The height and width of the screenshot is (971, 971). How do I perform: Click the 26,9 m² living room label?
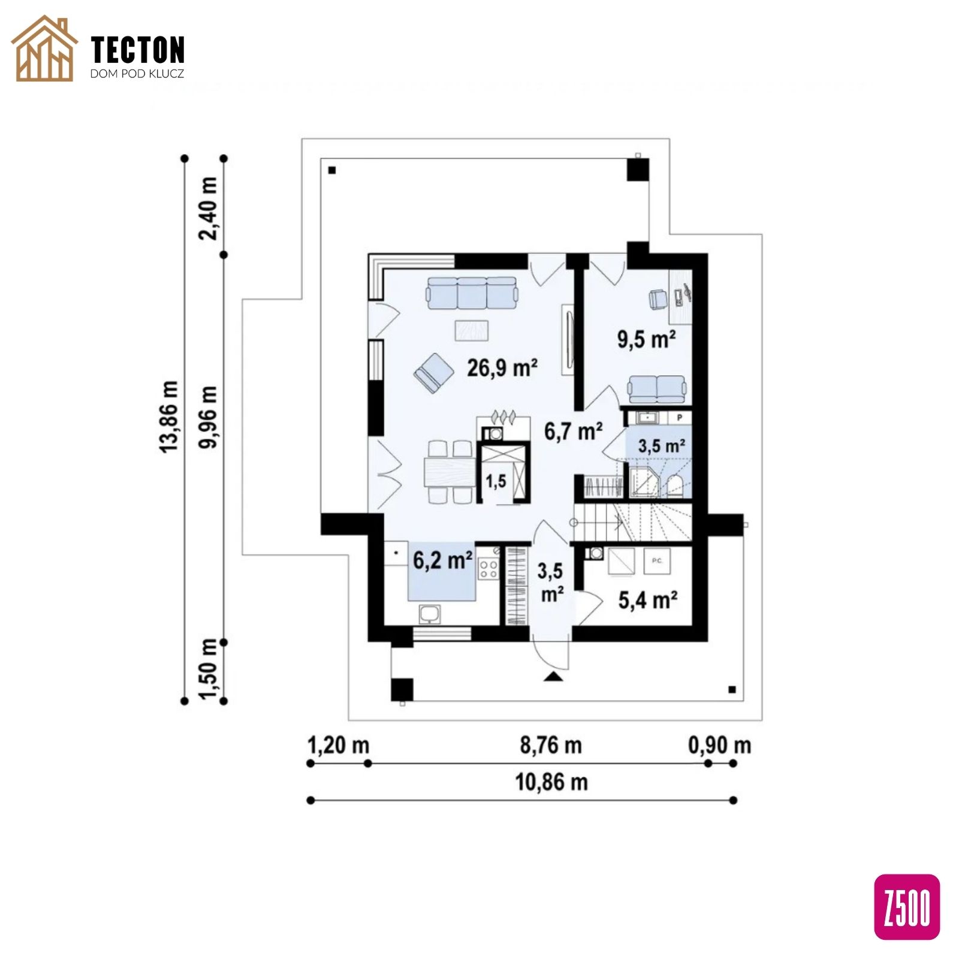point(502,367)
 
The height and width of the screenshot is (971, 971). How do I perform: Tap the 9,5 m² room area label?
point(647,339)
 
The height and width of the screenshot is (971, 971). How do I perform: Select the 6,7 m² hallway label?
point(573,431)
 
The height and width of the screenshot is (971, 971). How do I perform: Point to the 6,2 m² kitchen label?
point(443,560)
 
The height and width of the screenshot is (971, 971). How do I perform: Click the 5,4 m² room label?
point(648,600)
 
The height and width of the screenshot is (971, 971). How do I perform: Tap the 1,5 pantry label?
point(496,481)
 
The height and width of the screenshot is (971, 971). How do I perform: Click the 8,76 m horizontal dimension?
point(550,745)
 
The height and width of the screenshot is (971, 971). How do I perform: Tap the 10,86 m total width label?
point(551,782)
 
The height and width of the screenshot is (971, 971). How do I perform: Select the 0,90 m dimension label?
point(719,745)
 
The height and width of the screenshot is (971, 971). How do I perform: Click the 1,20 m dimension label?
point(338,745)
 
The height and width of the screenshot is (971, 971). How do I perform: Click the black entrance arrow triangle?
point(553,677)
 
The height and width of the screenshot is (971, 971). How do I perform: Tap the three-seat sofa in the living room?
point(472,292)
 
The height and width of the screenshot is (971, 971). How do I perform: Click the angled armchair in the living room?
point(433,372)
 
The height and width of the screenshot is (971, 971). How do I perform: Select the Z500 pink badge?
point(907,907)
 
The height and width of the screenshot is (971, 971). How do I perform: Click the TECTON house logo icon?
point(44,49)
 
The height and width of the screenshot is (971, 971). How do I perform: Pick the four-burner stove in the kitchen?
point(488,569)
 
